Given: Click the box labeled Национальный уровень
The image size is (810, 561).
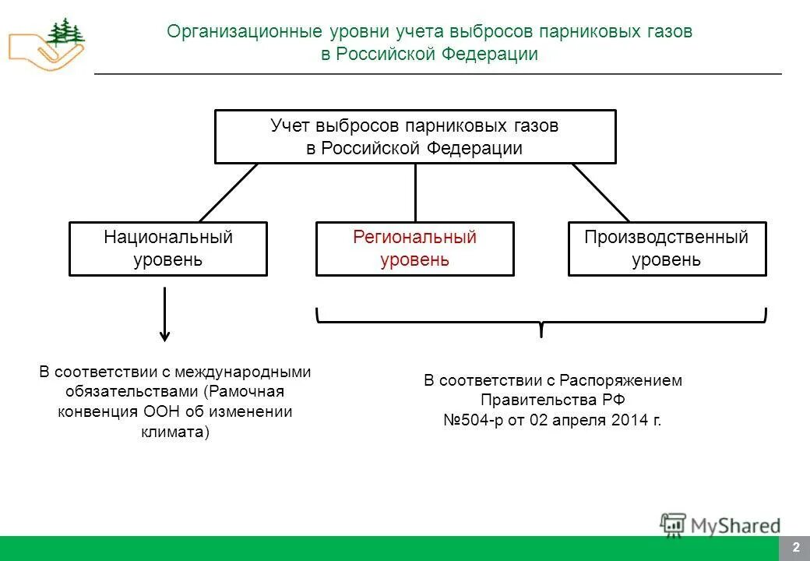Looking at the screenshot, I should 167,249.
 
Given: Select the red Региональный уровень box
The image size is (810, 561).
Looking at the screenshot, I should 414,249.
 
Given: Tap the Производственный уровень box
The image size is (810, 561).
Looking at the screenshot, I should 667,249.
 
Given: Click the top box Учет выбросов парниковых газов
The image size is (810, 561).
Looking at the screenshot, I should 414,136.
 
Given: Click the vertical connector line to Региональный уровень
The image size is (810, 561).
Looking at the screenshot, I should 415,192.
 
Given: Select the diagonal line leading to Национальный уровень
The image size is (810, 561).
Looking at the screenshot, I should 228,192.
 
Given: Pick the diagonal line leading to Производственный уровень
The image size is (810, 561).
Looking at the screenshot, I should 600,192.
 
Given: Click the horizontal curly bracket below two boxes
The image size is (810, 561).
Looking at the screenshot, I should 541,319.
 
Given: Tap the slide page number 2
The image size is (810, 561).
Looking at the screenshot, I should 795,548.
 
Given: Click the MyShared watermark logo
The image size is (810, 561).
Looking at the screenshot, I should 720,525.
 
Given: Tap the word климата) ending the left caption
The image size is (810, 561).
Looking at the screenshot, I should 175,432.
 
